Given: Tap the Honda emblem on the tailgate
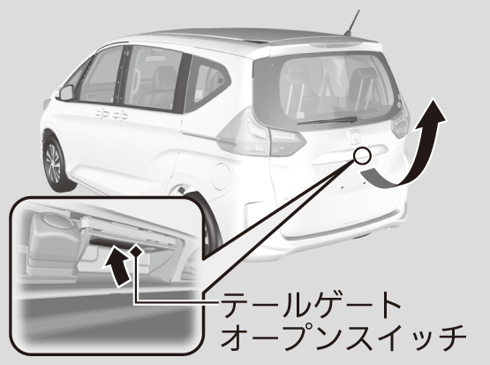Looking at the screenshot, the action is point(355,136).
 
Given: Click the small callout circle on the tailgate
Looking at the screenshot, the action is point(362,155).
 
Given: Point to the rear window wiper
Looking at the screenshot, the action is point(328,121).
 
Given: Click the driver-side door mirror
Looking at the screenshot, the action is point(66,93).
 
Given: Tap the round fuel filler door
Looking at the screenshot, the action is point(221,177).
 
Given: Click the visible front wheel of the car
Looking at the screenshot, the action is point(55,163).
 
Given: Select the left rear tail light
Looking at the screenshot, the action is point(262,133).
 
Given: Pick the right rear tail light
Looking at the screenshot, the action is point(401,120).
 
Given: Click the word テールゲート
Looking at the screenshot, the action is point(312,305).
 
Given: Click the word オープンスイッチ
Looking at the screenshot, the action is point(343,338).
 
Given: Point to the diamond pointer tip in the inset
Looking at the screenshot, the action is point(136,251).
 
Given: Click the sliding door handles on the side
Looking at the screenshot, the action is point(112,115).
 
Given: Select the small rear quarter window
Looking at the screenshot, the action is point(207,84).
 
